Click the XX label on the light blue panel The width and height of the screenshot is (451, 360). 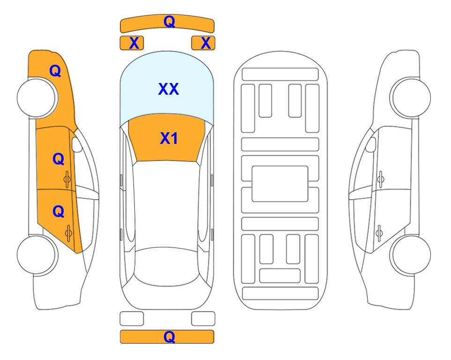169,89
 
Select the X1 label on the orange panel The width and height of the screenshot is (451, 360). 169,138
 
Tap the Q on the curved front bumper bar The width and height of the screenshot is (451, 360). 169,21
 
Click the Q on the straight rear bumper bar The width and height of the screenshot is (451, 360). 169,337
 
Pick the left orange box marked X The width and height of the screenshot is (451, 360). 132,43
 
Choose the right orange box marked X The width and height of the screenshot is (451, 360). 203,43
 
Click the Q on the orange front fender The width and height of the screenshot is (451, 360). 55,71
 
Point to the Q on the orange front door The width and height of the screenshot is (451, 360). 59,159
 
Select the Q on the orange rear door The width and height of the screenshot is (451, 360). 59,212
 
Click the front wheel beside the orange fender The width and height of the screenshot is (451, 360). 37,97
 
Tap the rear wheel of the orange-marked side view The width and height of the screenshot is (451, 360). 37,255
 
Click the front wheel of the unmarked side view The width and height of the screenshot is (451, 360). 411,97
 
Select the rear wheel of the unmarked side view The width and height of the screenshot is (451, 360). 411,255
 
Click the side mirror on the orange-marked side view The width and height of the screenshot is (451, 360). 76,144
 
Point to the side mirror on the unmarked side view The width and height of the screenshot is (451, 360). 371,144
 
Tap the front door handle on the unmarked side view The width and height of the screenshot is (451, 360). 380,179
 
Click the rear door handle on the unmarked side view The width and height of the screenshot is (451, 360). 379,233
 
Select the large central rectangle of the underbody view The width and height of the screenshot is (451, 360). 280,184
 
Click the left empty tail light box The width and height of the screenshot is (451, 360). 132,319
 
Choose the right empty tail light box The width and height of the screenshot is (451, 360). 203,319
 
